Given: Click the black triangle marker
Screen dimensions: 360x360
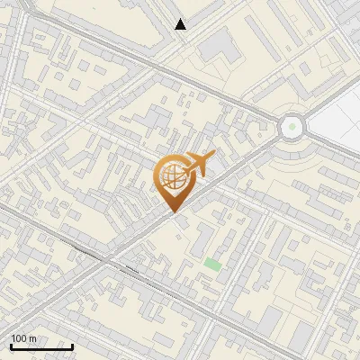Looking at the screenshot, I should (x=181, y=24).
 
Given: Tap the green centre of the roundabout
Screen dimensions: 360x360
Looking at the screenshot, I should (x=292, y=127).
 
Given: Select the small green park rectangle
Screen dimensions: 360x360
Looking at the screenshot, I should (x=211, y=264).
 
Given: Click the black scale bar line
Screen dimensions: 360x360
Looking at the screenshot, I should (x=40, y=346).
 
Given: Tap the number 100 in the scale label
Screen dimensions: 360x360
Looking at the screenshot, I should (x=19, y=337).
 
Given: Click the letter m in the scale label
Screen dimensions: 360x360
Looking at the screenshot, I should (x=32, y=337).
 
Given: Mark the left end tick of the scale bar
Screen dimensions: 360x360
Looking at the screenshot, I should (x=10, y=345).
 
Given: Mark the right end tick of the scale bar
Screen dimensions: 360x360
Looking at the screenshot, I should (x=72, y=345).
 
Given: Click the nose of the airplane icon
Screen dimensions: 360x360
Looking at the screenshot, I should (x=213, y=156).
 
